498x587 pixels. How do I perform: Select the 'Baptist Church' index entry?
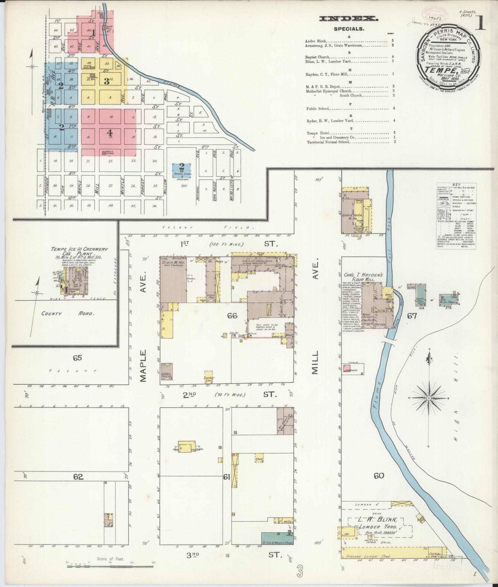click(x=317, y=57)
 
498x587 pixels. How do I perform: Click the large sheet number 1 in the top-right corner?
click(x=480, y=24)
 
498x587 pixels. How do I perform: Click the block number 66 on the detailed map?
click(x=232, y=316)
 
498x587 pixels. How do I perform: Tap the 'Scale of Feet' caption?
click(x=110, y=559)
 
